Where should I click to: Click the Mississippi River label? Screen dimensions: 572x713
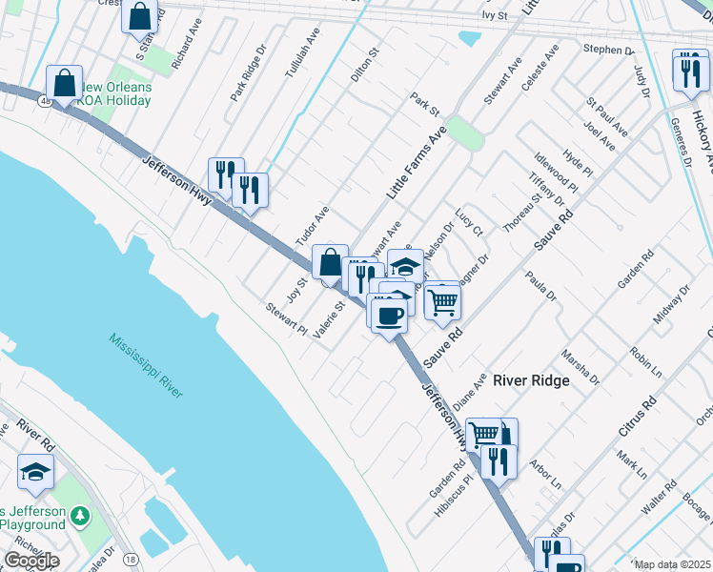[145, 366]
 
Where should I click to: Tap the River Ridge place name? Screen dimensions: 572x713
[530, 380]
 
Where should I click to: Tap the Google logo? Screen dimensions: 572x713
[31, 561]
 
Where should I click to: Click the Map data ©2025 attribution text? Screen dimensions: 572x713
[672, 564]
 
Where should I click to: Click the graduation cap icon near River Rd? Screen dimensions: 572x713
[35, 472]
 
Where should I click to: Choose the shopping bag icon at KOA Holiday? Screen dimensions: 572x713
[65, 83]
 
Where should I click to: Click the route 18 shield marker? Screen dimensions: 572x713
[130, 559]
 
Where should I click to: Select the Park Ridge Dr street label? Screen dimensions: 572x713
[251, 76]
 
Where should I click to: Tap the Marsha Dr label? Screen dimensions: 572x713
[581, 366]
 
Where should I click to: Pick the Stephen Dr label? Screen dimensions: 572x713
[608, 50]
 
